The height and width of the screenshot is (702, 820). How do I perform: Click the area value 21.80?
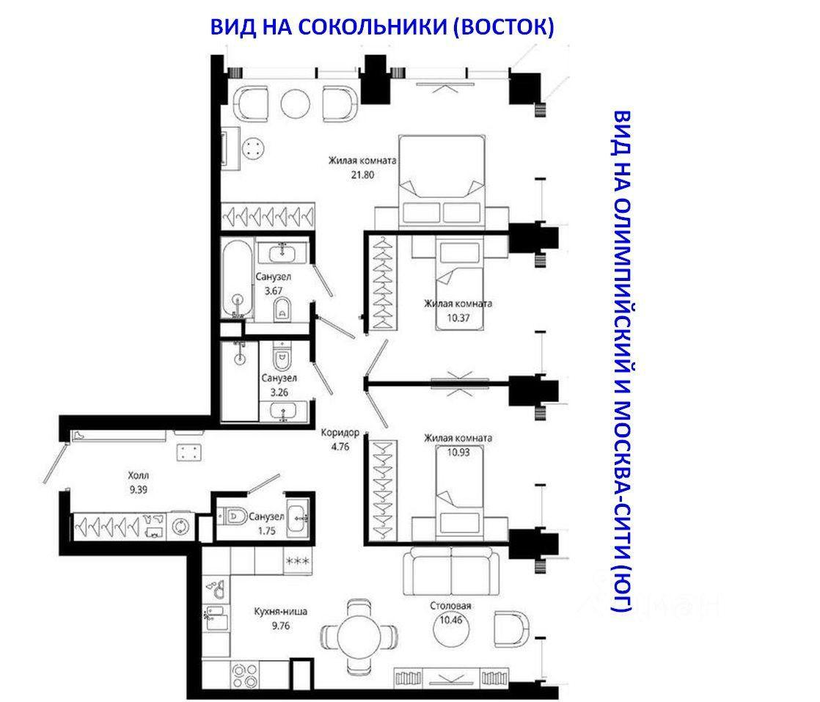pyautogui.click(x=362, y=175)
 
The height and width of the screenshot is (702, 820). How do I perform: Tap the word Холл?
pyautogui.click(x=139, y=475)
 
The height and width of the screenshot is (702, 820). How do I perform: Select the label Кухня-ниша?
pyautogui.click(x=281, y=612)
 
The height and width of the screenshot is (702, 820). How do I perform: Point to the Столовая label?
pyautogui.click(x=450, y=606)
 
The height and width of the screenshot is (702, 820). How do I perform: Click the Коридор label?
pyautogui.click(x=340, y=433)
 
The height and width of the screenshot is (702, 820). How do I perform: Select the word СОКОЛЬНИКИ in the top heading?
pyautogui.click(x=373, y=26)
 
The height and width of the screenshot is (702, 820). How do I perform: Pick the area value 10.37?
pyautogui.click(x=458, y=318)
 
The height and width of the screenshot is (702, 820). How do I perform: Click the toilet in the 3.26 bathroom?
pyautogui.click(x=282, y=358)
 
